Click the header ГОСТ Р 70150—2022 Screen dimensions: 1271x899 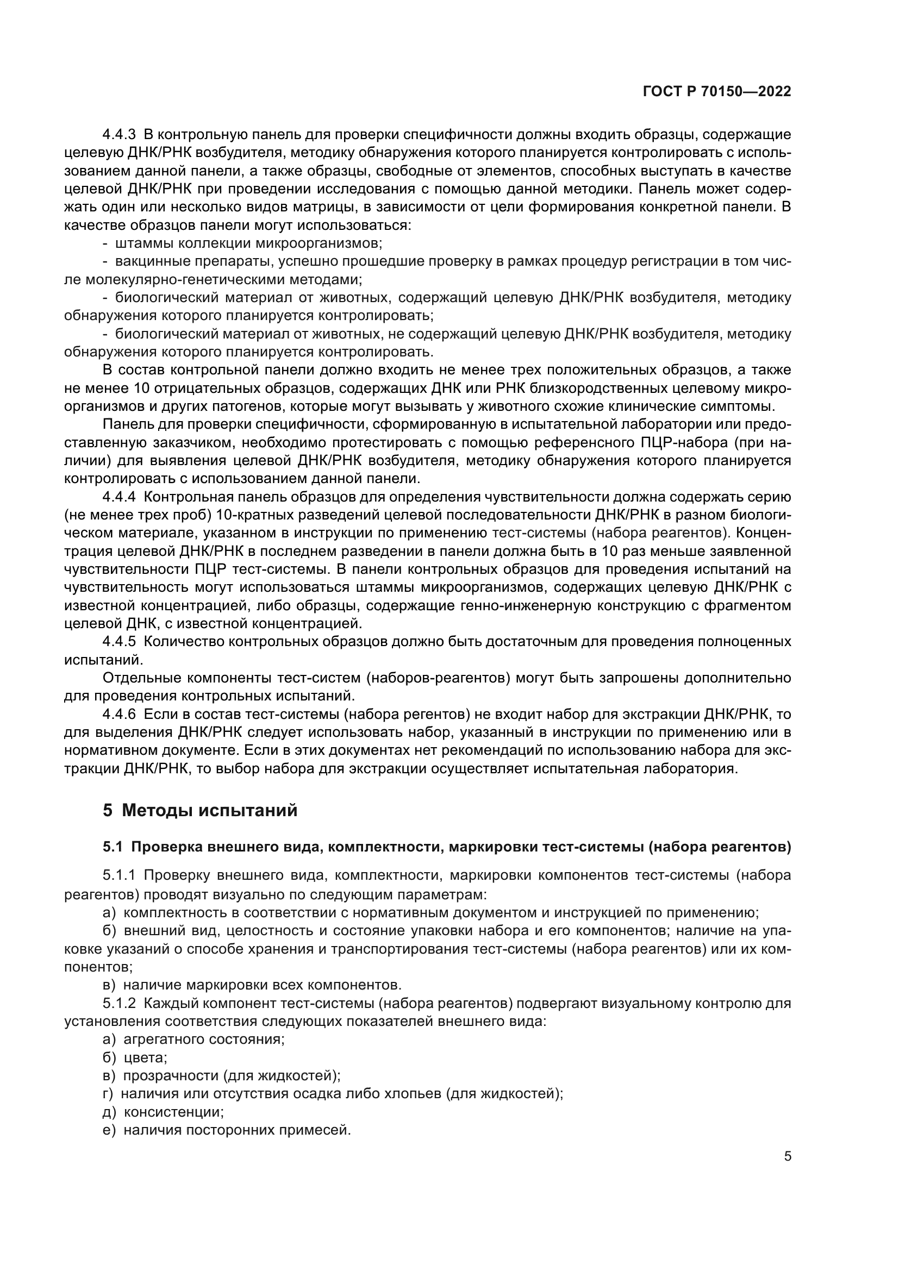717,92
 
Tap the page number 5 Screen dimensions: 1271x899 787,1156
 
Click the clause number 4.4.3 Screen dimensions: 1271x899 119,135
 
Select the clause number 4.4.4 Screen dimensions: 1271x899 119,497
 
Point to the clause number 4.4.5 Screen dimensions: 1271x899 119,642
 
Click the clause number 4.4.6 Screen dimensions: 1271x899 119,715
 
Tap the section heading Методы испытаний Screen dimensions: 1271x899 209,810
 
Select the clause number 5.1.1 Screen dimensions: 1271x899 119,876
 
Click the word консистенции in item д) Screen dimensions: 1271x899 173,1112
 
